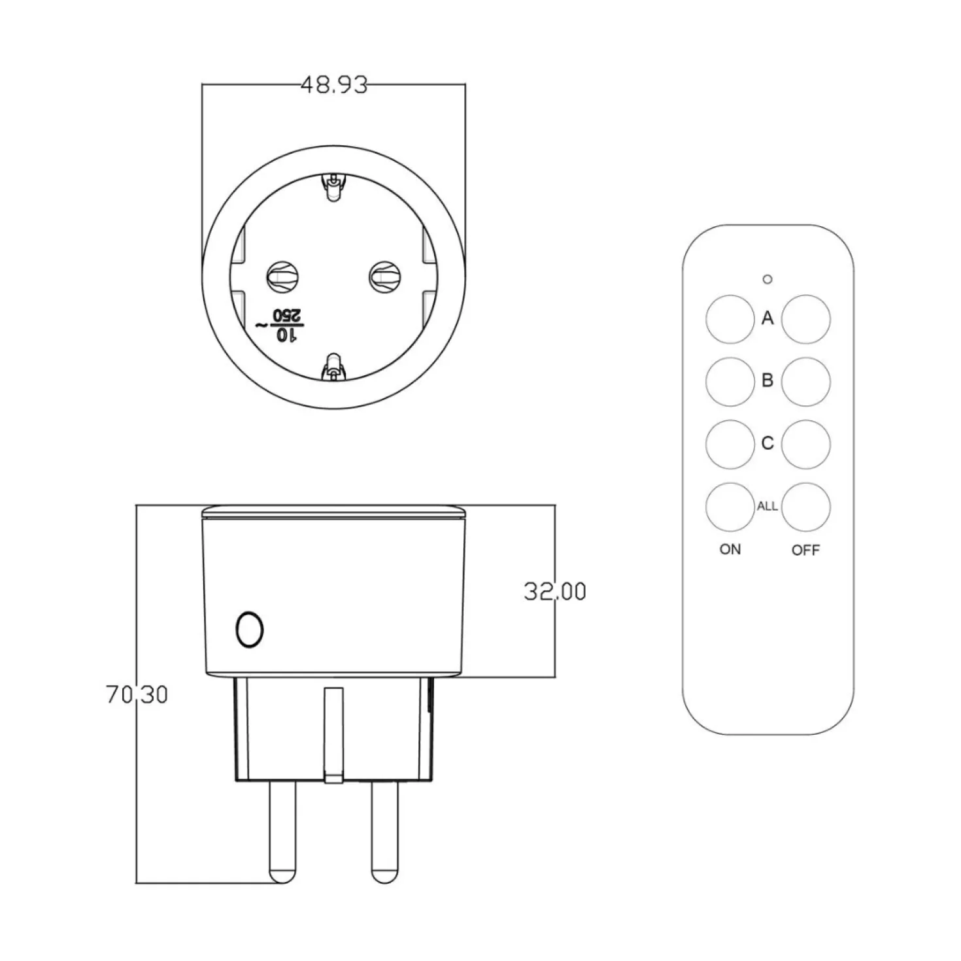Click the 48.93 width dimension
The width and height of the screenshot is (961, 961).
point(334,85)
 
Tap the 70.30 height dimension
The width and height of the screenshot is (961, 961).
point(137,694)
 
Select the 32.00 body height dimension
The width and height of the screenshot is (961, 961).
point(555,591)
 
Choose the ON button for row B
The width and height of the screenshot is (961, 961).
point(730,382)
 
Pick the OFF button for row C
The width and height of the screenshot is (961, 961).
point(806,445)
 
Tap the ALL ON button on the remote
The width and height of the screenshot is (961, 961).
point(730,507)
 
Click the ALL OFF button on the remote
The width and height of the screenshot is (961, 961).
point(806,507)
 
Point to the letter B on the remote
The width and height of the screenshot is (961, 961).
point(767,380)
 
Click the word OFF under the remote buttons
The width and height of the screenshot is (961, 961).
point(805,550)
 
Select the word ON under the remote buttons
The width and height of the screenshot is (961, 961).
point(730,550)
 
